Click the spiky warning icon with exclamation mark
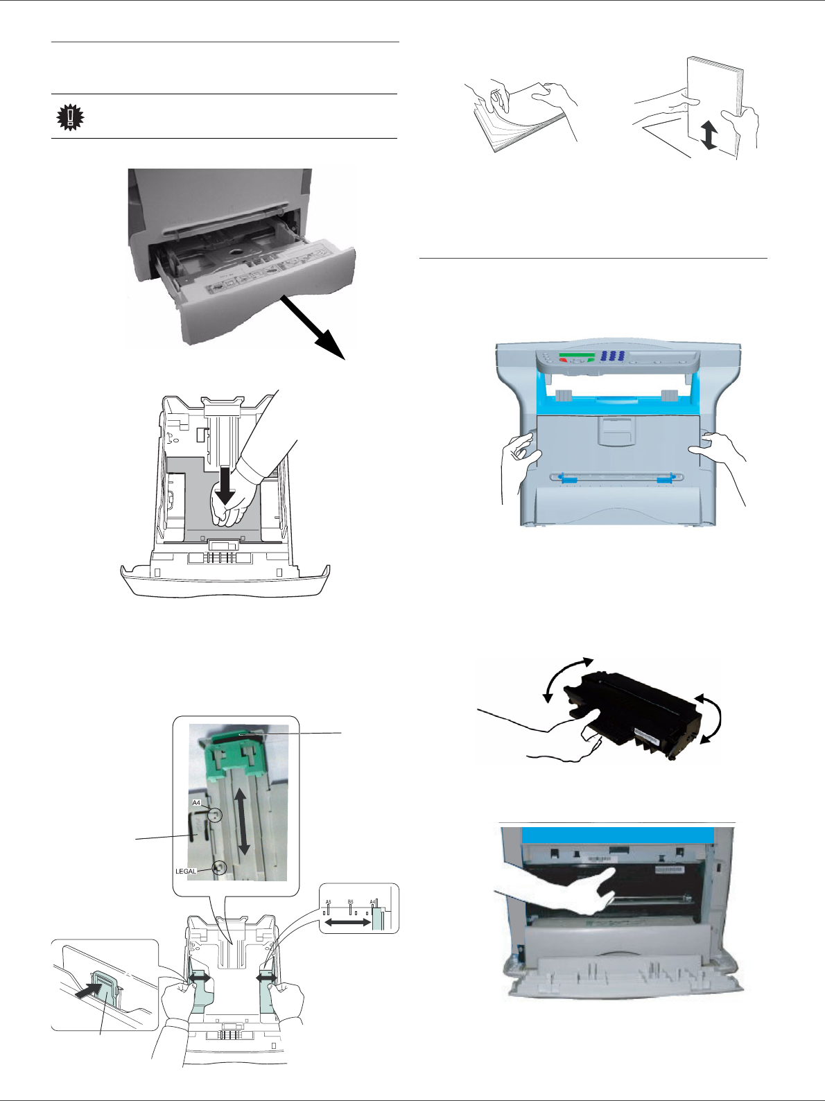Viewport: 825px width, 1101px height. [x=70, y=117]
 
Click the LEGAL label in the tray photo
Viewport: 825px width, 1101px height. [x=186, y=871]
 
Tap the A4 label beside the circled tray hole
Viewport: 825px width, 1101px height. [x=196, y=803]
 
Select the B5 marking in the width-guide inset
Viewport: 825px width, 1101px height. [x=351, y=903]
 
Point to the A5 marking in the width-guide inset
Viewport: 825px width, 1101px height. [x=329, y=903]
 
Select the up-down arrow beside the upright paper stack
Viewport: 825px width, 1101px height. [x=709, y=135]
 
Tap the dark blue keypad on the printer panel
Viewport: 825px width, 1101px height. [x=612, y=356]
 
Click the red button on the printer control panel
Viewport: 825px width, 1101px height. [x=564, y=361]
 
